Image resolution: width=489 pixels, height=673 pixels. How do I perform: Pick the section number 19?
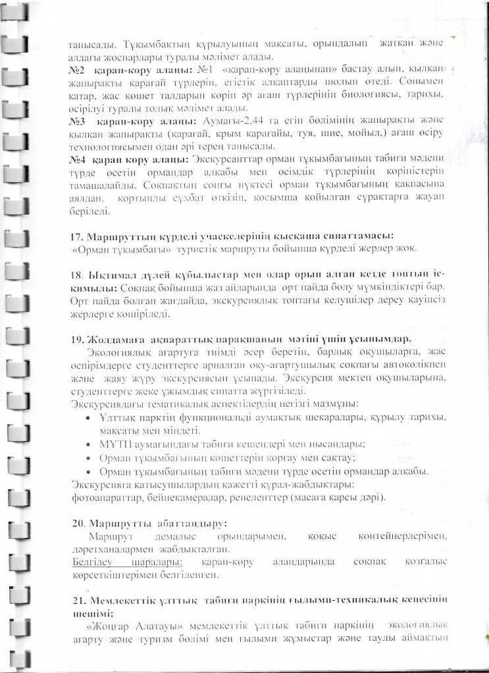tap(76, 339)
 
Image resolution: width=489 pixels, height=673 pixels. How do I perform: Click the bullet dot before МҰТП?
tap(89, 444)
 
